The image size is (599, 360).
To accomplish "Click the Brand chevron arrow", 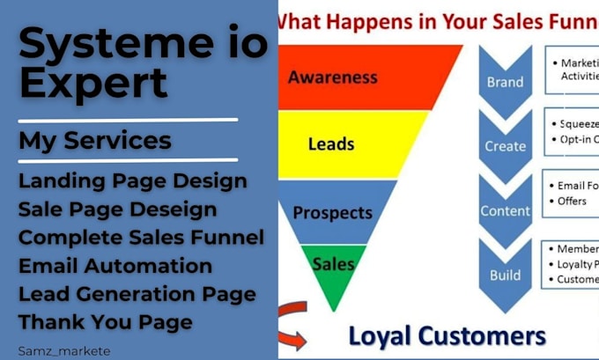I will (505, 81).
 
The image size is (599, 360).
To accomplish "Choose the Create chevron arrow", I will (505, 145).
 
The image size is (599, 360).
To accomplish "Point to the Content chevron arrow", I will (505, 210).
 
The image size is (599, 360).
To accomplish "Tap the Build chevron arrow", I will (505, 274).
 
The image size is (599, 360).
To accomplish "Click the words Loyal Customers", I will (447, 335).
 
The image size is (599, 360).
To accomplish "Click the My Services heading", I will (95, 140).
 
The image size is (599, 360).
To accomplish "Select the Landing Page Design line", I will (132, 181).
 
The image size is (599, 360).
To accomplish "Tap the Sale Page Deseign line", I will (117, 209).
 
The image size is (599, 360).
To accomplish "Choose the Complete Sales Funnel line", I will (141, 238).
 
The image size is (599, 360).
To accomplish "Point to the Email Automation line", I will (115, 266).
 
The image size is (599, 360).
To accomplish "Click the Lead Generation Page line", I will (137, 294).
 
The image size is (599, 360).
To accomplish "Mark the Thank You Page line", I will (105, 322).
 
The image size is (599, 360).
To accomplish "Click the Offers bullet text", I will (573, 202).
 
